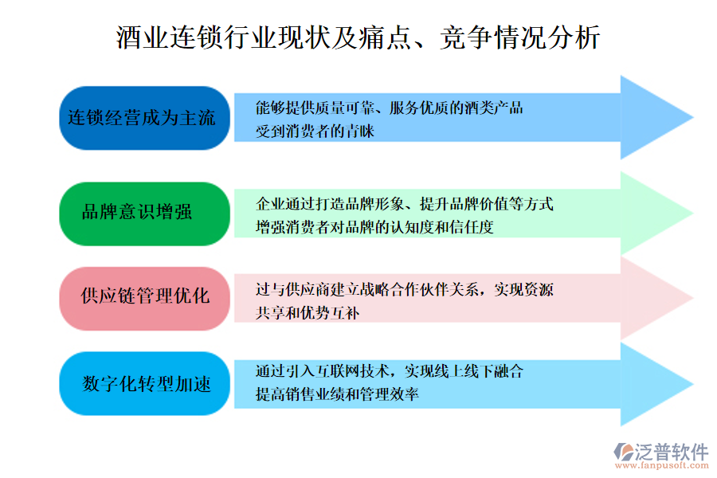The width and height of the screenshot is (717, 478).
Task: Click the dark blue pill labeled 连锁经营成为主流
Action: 144,118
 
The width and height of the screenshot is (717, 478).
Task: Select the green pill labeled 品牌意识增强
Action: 144,214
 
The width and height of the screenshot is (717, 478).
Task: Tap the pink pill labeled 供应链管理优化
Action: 144,299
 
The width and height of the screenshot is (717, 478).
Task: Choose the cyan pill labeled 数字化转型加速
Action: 144,383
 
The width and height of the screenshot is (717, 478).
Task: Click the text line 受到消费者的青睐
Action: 315,131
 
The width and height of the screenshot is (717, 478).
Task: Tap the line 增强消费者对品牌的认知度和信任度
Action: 374,227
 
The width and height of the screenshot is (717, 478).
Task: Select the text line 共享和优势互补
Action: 308,313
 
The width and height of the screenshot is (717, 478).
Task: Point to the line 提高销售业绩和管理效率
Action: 338,394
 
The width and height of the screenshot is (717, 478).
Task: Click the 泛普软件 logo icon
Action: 623,452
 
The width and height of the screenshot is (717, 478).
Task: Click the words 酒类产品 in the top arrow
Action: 494,108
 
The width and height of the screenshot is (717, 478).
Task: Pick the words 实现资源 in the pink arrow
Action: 523,289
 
